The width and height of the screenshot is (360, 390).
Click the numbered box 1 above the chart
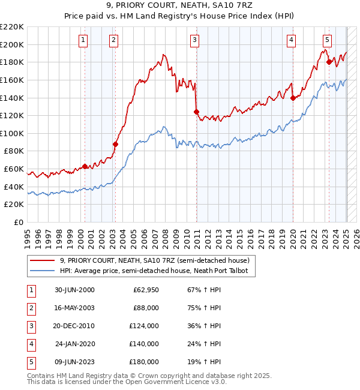[83, 40]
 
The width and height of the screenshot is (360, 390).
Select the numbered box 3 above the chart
[195, 40]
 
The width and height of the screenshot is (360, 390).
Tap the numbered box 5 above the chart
[327, 40]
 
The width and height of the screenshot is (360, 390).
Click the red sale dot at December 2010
[196, 112]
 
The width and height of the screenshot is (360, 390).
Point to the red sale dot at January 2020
[293, 98]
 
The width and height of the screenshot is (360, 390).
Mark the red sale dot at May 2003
[116, 144]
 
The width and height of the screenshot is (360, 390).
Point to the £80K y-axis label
[14, 151]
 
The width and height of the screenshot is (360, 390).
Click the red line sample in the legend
[42, 260]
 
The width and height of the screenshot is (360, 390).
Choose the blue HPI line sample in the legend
[42, 271]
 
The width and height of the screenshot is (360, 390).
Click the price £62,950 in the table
[145, 290]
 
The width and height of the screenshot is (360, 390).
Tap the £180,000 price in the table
[145, 362]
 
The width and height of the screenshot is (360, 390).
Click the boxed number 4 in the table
[30, 344]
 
